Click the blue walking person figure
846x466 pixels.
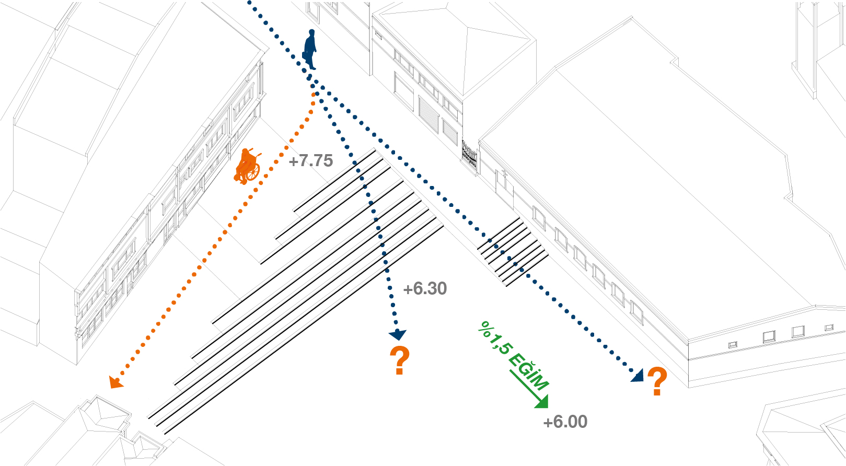coord(310,50)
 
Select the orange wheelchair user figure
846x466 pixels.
coord(247,166)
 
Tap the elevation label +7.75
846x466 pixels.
coord(311,161)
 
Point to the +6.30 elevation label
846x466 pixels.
coord(425,288)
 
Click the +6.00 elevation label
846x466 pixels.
coord(565,422)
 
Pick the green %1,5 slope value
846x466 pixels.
coord(494,338)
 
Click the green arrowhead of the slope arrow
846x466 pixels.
coord(542,402)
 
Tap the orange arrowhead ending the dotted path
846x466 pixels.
coord(115,382)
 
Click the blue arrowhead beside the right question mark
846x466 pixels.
coord(638,376)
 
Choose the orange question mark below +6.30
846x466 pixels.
coord(400,360)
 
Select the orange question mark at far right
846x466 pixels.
coord(657,381)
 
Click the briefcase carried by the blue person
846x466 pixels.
coord(305,55)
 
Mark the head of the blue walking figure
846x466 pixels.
coord(312,32)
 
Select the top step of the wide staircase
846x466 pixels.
coord(334,181)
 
